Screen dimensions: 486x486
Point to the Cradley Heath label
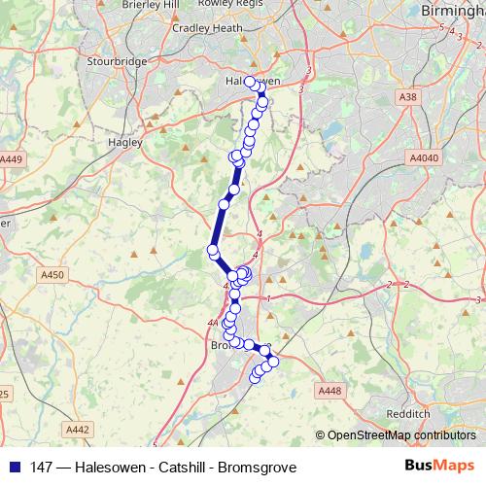pos(208,28)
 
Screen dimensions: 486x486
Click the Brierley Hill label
pos(151,5)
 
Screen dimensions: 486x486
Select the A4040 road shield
pos(424,157)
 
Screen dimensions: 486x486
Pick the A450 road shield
pos(52,275)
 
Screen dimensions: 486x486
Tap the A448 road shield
pos(330,391)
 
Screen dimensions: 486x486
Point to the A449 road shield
pos(11,159)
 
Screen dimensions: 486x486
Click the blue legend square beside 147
pos(14,468)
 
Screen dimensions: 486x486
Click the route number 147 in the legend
pos(41,468)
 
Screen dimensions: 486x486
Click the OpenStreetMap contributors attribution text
pos(399,435)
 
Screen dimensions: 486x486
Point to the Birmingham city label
pos(453,10)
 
